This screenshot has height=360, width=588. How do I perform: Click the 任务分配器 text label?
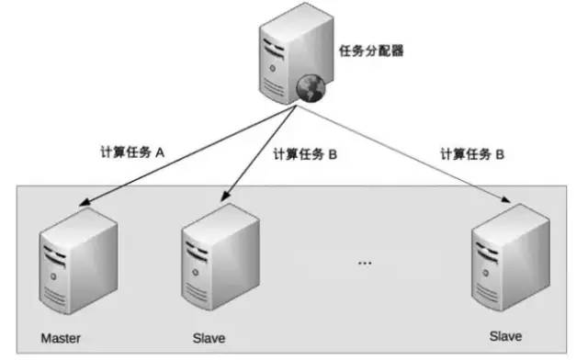372,51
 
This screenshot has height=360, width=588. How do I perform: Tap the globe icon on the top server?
310,89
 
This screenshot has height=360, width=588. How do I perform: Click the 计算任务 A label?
131,155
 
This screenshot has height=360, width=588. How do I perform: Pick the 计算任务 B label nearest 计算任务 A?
306,155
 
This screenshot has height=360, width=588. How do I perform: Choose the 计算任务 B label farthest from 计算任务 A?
472,155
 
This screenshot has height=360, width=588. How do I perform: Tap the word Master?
62,338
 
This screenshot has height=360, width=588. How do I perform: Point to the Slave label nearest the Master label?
209,339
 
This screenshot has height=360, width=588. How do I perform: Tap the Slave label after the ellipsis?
507,337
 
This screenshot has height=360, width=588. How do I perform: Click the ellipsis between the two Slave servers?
365,264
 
